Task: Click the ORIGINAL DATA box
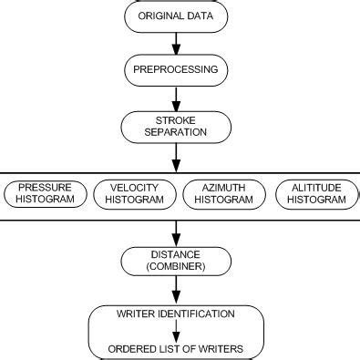[175, 16]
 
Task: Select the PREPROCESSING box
[175, 69]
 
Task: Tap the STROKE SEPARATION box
[175, 126]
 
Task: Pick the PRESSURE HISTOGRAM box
[46, 192]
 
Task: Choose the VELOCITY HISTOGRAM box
[134, 192]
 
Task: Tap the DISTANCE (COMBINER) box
[175, 260]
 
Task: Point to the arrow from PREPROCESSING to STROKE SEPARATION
[175, 98]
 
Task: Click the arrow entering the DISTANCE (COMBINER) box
[175, 231]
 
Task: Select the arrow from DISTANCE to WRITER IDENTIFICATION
[175, 289]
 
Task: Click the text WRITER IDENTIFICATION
[175, 314]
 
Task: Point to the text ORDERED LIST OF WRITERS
[175, 348]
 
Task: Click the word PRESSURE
[46, 186]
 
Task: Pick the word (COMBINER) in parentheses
[175, 266]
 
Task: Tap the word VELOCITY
[134, 186]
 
